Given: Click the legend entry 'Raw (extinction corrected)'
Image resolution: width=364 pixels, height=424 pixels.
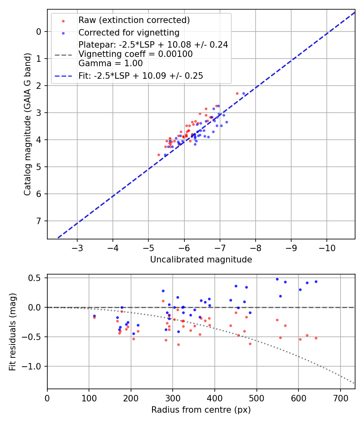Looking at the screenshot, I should point(134,20).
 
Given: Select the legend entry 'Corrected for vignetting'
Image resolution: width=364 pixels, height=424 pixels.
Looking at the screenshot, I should point(129,32).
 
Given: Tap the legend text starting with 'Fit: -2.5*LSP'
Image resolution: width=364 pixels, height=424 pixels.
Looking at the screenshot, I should point(140,76).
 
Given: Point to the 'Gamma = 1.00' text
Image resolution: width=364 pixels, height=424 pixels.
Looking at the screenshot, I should point(110,63).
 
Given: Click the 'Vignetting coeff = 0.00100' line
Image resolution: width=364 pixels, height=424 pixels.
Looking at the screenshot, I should point(135,54).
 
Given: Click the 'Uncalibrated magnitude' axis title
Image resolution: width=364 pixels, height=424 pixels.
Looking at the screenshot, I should point(201,260).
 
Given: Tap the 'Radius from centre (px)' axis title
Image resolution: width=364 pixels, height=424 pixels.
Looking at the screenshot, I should point(201,410).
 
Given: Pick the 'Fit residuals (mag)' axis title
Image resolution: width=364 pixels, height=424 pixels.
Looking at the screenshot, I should point(13,332).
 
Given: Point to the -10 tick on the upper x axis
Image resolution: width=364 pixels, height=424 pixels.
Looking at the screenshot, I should point(327,248).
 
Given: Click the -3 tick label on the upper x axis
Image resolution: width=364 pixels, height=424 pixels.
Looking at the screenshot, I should point(77,248).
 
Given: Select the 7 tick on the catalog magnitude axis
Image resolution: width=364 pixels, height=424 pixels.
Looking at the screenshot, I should point(39,221).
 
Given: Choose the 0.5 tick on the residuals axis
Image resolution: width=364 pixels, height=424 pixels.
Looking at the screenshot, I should point(37,278).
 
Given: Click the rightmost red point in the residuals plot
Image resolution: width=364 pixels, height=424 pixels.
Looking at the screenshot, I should point(316,338).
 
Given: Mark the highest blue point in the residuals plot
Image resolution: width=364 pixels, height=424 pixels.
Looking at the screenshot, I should point(277,279).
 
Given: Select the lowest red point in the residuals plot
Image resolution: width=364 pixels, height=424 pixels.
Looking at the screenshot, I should point(178,344).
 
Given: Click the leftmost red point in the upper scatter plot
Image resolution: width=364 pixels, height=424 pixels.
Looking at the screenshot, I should point(159,155).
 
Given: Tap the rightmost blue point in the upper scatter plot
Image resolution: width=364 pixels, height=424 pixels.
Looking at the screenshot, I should point(243,93).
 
